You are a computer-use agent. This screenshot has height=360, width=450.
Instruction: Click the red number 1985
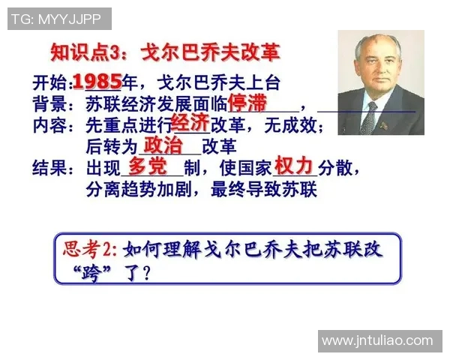click(x=97, y=81)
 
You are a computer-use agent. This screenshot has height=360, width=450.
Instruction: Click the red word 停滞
click(x=247, y=102)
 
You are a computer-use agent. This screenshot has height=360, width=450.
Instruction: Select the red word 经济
click(x=190, y=122)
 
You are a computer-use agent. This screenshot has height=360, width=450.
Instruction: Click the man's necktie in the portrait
click(x=370, y=116)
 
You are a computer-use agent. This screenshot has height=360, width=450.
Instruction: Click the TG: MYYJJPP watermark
click(x=58, y=19)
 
